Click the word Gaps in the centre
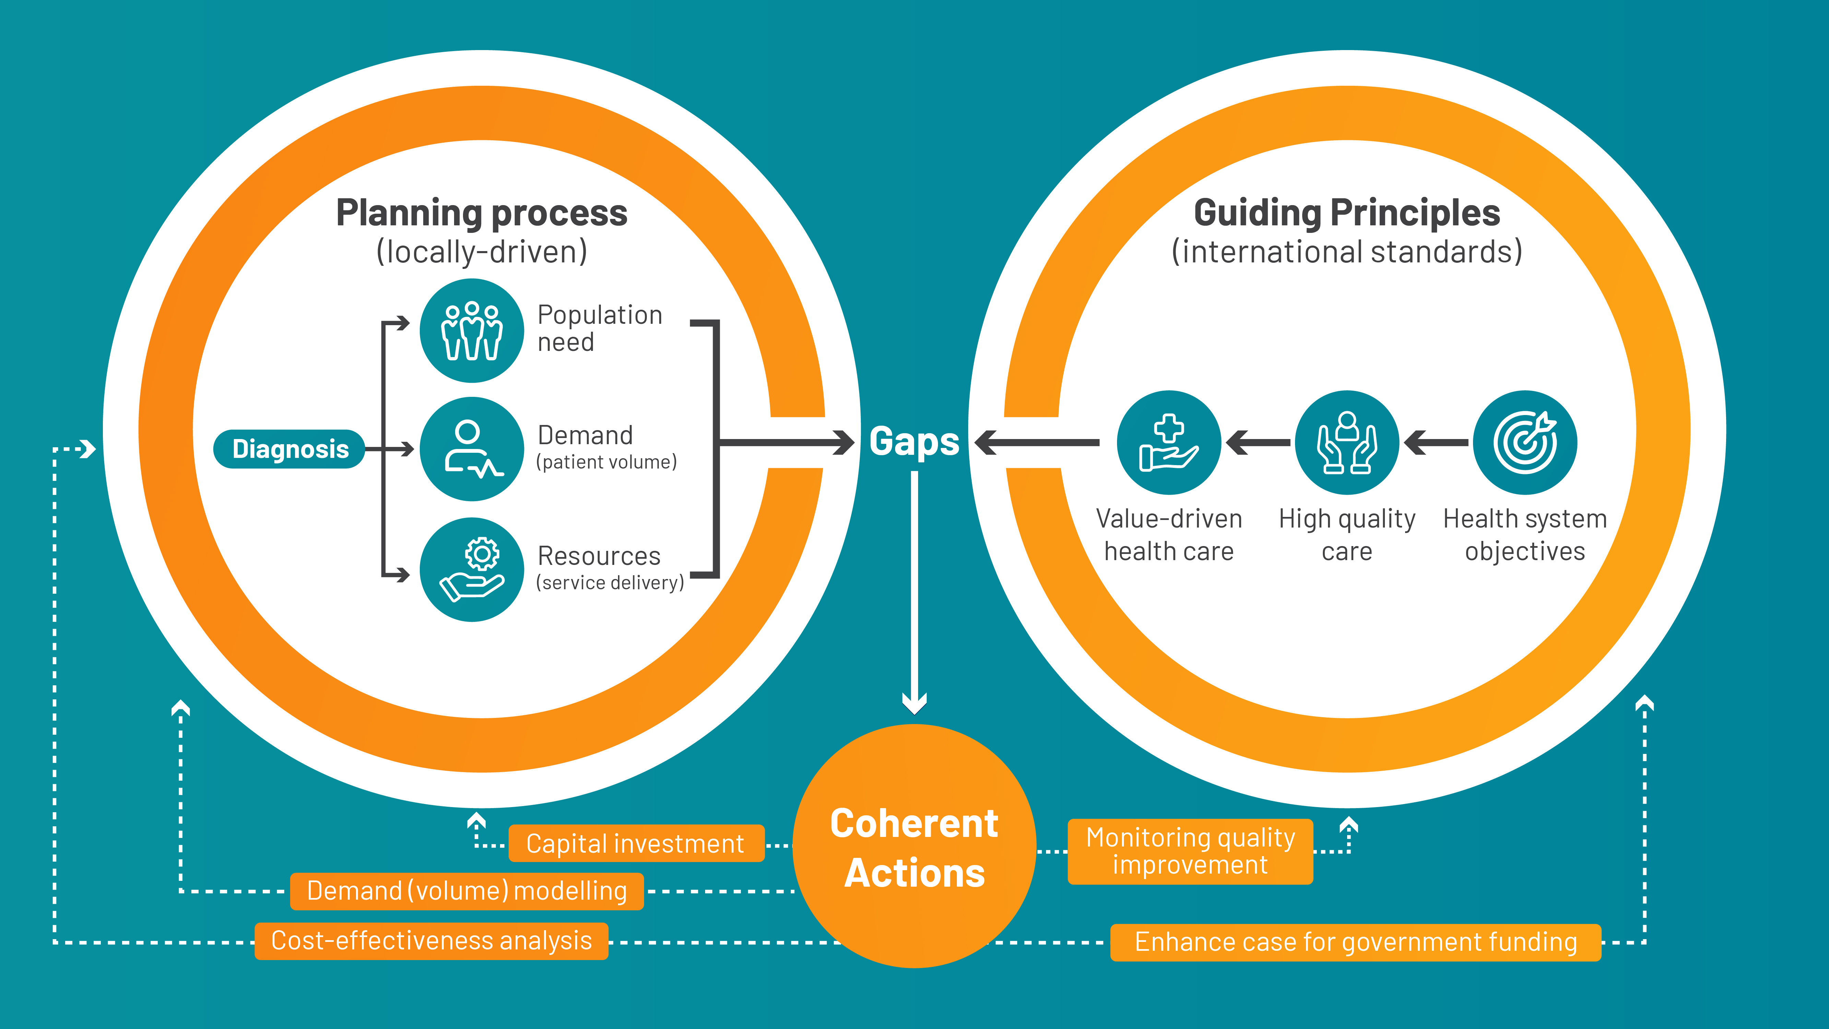click(914, 442)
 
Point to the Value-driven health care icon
click(1169, 442)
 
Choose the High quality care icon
click(1347, 442)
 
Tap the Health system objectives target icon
click(1525, 442)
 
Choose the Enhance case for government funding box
click(1355, 942)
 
